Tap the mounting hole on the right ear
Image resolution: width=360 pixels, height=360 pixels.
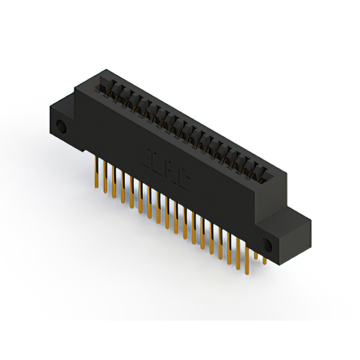267,245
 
